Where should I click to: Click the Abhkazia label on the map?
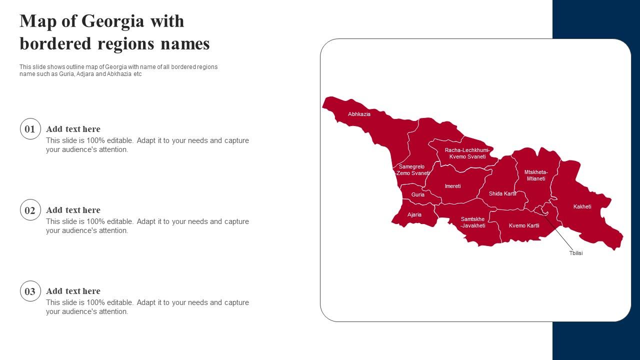point(359,114)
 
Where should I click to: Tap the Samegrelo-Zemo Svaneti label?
point(412,170)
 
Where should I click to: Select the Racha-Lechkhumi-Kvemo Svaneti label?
point(467,153)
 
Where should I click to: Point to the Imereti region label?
point(452,186)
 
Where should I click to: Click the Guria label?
point(418,194)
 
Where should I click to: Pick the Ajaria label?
point(414,214)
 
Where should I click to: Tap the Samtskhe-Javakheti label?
point(472,222)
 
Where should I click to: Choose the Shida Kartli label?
point(502,193)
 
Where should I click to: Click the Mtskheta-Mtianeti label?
point(536,175)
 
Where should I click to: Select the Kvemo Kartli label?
point(524,225)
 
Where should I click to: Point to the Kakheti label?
point(582,206)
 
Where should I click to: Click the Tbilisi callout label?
point(576,253)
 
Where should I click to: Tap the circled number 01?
point(30,129)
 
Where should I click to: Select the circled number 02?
point(30,210)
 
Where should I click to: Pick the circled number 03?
point(30,291)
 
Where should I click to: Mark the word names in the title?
point(185,44)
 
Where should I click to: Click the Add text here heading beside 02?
point(73,210)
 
